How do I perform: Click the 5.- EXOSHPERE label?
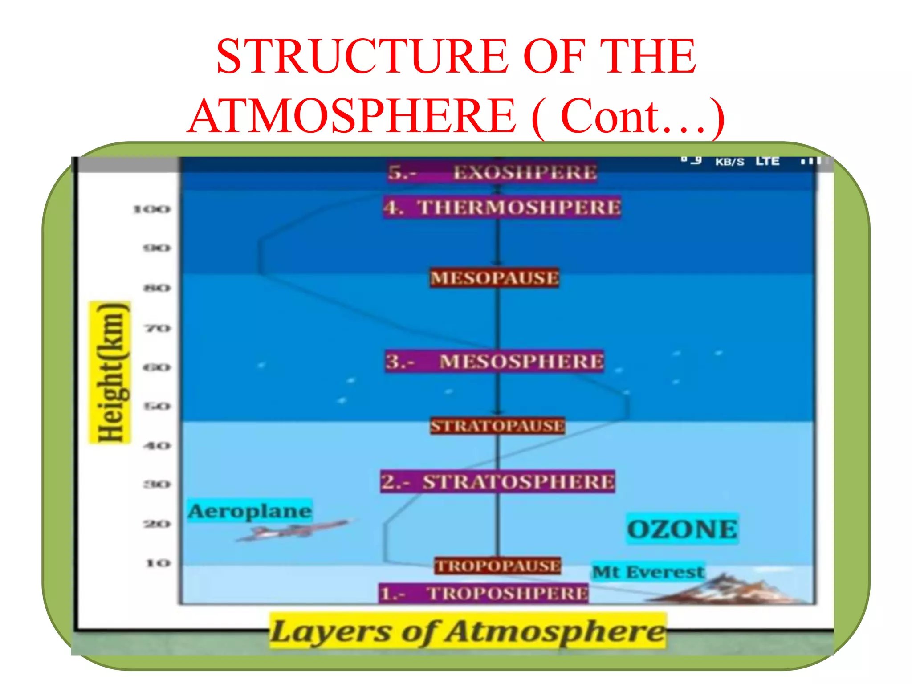(x=492, y=172)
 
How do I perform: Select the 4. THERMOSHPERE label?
(x=502, y=208)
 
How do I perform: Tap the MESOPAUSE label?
(x=494, y=278)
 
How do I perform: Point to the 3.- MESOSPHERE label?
(x=495, y=361)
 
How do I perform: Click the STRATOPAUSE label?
(x=497, y=426)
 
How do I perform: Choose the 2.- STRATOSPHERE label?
(x=497, y=482)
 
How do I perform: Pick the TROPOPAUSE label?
(x=498, y=566)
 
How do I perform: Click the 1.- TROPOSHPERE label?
(x=484, y=594)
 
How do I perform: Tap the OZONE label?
(x=682, y=529)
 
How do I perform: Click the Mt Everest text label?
(x=648, y=572)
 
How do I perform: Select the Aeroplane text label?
(x=249, y=511)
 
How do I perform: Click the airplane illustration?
(x=292, y=530)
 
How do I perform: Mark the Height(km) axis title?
(x=110, y=372)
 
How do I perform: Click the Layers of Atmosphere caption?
(x=468, y=631)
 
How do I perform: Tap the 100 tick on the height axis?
(x=152, y=209)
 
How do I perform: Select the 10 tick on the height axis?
(x=158, y=563)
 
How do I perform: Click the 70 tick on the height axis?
(x=157, y=329)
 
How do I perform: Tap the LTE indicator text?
(x=767, y=161)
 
